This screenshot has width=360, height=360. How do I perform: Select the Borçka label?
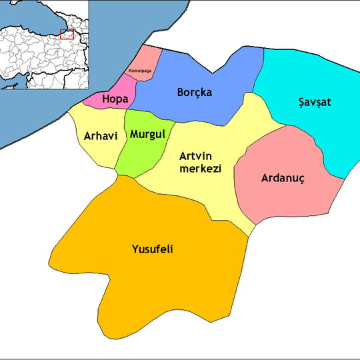click(195, 93)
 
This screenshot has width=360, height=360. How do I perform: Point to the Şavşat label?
click(314, 103)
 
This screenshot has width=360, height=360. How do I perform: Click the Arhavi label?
click(101, 136)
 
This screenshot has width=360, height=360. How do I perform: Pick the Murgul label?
click(147, 134)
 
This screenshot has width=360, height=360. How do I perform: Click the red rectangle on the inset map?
click(67, 34)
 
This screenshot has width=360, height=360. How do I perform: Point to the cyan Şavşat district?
click(313, 80)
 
